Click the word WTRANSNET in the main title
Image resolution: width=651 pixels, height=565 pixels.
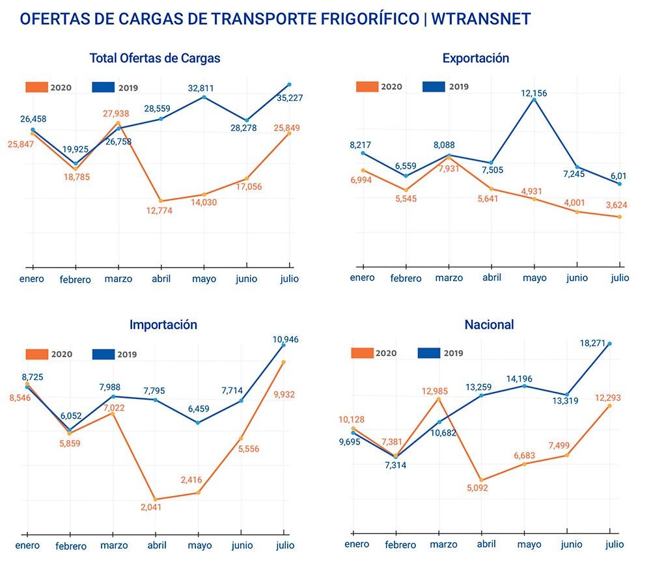(x=482, y=18)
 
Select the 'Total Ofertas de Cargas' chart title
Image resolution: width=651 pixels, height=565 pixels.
(x=155, y=58)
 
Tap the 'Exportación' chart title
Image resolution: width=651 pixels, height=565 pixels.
(x=475, y=58)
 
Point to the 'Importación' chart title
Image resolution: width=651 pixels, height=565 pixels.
(x=163, y=324)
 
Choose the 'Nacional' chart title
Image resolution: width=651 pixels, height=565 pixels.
(x=489, y=324)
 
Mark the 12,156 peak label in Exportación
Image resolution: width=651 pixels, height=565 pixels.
(x=534, y=93)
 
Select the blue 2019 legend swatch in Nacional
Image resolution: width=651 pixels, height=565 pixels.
(x=429, y=353)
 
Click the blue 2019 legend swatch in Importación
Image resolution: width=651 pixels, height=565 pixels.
(x=103, y=355)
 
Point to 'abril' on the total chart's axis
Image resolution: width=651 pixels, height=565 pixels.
(x=160, y=278)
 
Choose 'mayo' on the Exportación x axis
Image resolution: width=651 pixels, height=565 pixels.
(x=534, y=278)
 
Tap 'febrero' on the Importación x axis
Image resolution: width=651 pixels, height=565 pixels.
(x=70, y=546)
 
